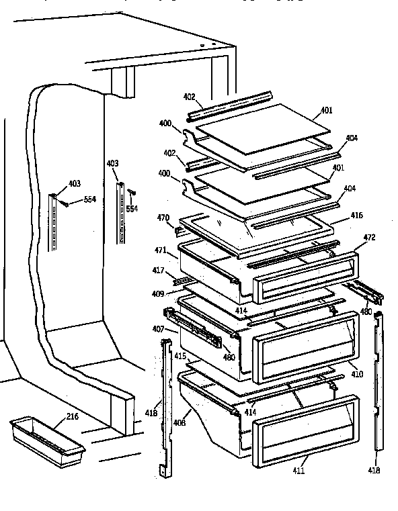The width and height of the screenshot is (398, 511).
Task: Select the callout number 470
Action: click(163, 218)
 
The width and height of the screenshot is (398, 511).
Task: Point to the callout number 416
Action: click(356, 216)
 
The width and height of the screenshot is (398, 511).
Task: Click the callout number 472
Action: click(370, 238)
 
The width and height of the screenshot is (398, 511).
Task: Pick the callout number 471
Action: click(161, 250)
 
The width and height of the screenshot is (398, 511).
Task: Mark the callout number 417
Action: click(157, 271)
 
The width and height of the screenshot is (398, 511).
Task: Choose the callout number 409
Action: click(158, 293)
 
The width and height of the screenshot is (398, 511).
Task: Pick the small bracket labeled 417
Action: click(180, 279)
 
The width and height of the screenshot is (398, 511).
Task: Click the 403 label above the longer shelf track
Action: click(112, 163)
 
